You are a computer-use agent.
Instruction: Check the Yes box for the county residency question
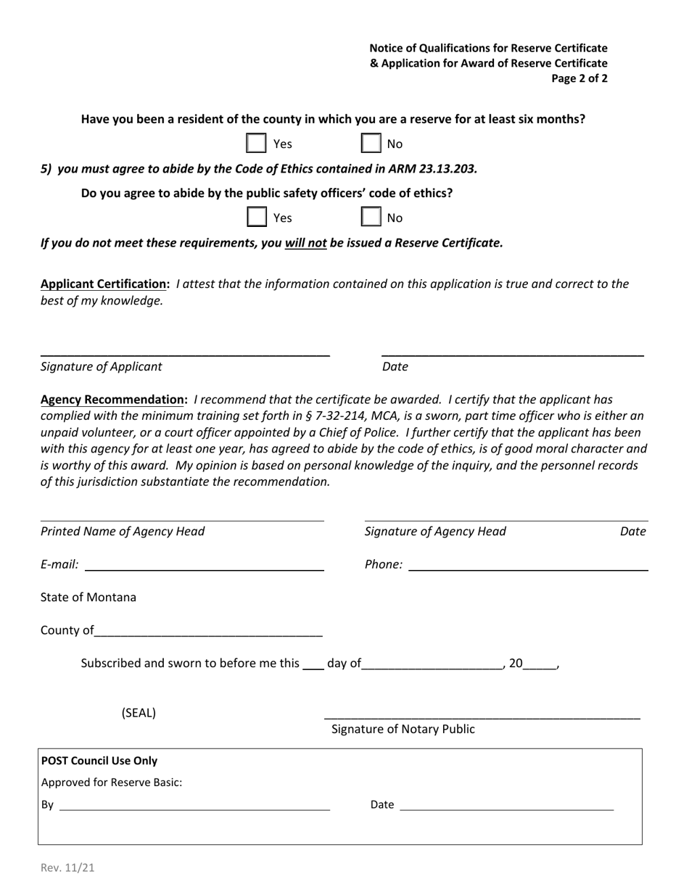(x=256, y=144)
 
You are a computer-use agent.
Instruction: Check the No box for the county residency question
(x=371, y=144)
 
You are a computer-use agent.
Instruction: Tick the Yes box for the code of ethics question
(x=256, y=218)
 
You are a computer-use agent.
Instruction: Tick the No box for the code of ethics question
(x=371, y=218)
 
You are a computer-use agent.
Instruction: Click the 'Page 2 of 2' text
(x=579, y=78)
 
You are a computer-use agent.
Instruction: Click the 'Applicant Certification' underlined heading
(x=104, y=284)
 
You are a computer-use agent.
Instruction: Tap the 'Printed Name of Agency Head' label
(x=123, y=532)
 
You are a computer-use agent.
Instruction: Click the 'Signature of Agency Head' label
(x=435, y=532)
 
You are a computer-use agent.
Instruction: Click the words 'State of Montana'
(x=88, y=598)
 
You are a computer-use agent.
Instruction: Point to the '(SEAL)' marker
(x=139, y=712)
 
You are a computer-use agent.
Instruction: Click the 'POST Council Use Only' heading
(x=99, y=761)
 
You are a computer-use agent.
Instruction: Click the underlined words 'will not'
(x=305, y=243)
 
